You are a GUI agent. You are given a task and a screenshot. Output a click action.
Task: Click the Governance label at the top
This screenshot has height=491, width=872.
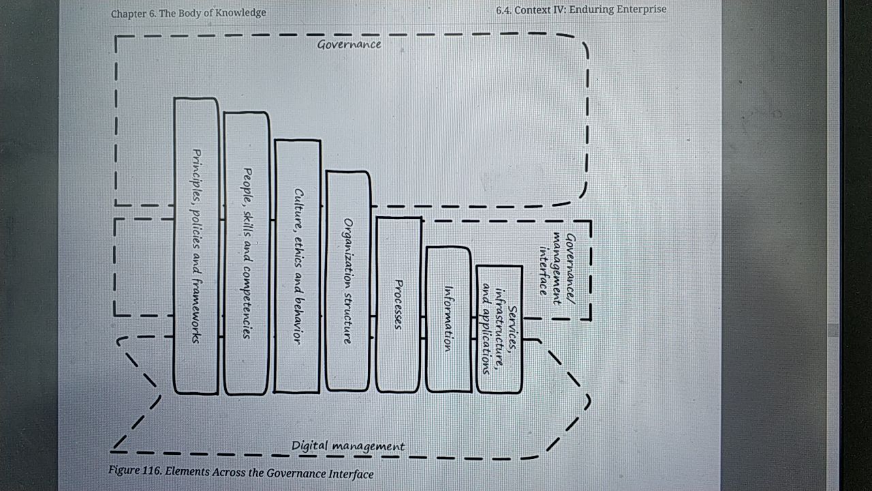349,44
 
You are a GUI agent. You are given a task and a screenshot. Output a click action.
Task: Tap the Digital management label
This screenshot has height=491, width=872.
348,446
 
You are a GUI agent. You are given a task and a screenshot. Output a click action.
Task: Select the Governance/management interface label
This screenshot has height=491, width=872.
557,269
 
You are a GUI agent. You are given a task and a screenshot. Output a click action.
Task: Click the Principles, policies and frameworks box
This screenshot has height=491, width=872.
196,246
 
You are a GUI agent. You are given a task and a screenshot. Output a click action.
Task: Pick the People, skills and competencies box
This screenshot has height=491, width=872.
247,253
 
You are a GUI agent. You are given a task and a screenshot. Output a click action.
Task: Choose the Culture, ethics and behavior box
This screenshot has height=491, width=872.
298,266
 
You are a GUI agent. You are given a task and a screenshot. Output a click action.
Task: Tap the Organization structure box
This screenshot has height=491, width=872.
347,281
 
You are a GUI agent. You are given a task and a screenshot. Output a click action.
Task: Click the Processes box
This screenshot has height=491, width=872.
399,304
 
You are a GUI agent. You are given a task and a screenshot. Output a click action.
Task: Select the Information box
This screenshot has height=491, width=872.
448,319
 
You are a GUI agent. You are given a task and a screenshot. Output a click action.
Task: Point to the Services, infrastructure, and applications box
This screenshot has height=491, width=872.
499,329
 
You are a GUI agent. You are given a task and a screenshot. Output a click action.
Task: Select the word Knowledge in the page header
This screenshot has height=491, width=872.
240,13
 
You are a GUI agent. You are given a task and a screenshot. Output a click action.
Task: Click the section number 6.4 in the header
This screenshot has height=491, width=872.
503,10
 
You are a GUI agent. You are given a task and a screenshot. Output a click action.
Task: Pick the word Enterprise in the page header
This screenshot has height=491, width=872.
642,9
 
